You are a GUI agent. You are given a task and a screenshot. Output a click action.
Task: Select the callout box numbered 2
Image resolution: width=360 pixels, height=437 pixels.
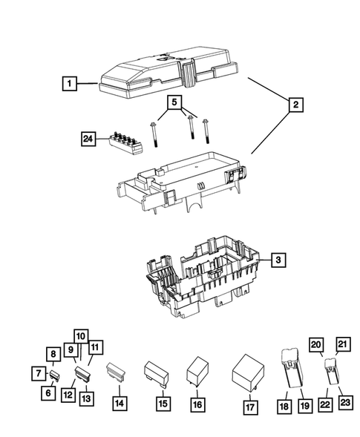tap(295, 105)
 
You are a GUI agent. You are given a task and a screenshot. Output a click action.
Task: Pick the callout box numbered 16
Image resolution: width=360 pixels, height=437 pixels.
tap(197, 404)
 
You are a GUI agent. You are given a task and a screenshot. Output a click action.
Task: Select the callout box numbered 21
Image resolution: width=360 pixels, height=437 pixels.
tap(342, 343)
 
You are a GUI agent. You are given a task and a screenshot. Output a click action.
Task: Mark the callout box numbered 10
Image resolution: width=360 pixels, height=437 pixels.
tap(81, 335)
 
